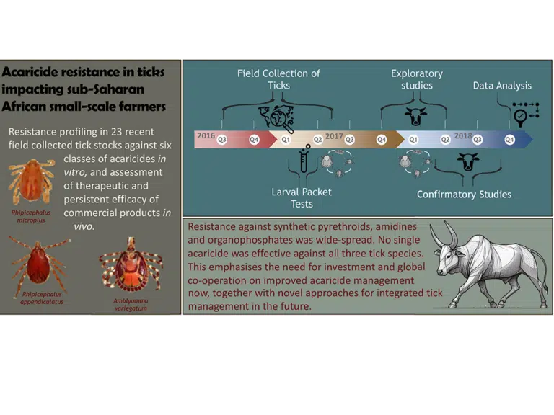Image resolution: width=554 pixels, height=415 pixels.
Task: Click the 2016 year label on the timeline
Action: pos(206,135)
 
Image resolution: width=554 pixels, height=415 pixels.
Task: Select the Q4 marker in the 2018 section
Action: pos(509,140)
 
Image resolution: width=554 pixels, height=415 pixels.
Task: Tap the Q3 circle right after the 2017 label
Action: pos(349,140)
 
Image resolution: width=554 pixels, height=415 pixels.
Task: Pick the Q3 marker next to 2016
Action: pos(222,140)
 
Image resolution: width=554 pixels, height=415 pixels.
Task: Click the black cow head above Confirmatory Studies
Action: pos(467,162)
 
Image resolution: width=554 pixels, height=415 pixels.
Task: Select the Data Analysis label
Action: pos(502,86)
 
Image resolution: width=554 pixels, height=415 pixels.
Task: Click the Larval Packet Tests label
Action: pos(302,197)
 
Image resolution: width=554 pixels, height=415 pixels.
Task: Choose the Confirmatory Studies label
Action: pos(464,195)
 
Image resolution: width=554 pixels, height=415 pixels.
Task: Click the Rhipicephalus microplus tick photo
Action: pos(32,181)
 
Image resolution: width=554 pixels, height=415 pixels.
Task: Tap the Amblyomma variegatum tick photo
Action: pos(131,265)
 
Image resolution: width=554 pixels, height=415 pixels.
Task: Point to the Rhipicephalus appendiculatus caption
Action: pos(42,298)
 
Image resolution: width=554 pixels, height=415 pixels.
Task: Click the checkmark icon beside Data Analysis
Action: pos(520,116)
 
